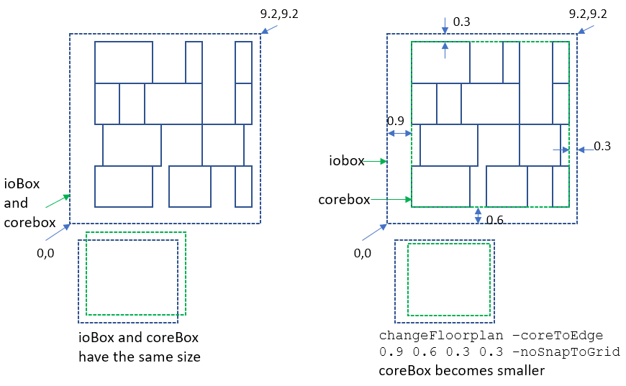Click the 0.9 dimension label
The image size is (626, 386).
(395, 120)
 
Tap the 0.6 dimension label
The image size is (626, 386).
(495, 220)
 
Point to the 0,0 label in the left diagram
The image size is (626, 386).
(45, 252)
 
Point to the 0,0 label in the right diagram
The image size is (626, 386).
(364, 253)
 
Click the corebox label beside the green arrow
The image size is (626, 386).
(344, 199)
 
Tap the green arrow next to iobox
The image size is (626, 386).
(376, 162)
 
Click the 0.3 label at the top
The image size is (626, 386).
(461, 22)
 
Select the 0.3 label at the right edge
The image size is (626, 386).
(602, 147)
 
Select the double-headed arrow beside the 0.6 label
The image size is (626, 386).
(478, 216)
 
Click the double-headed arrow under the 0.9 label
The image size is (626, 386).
(399, 133)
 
